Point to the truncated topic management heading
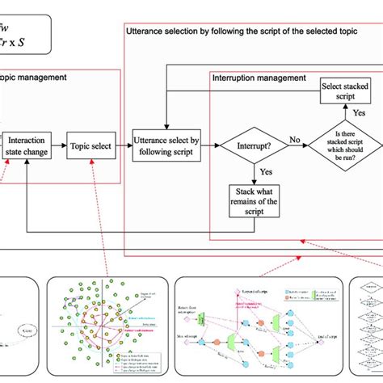[33, 78]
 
